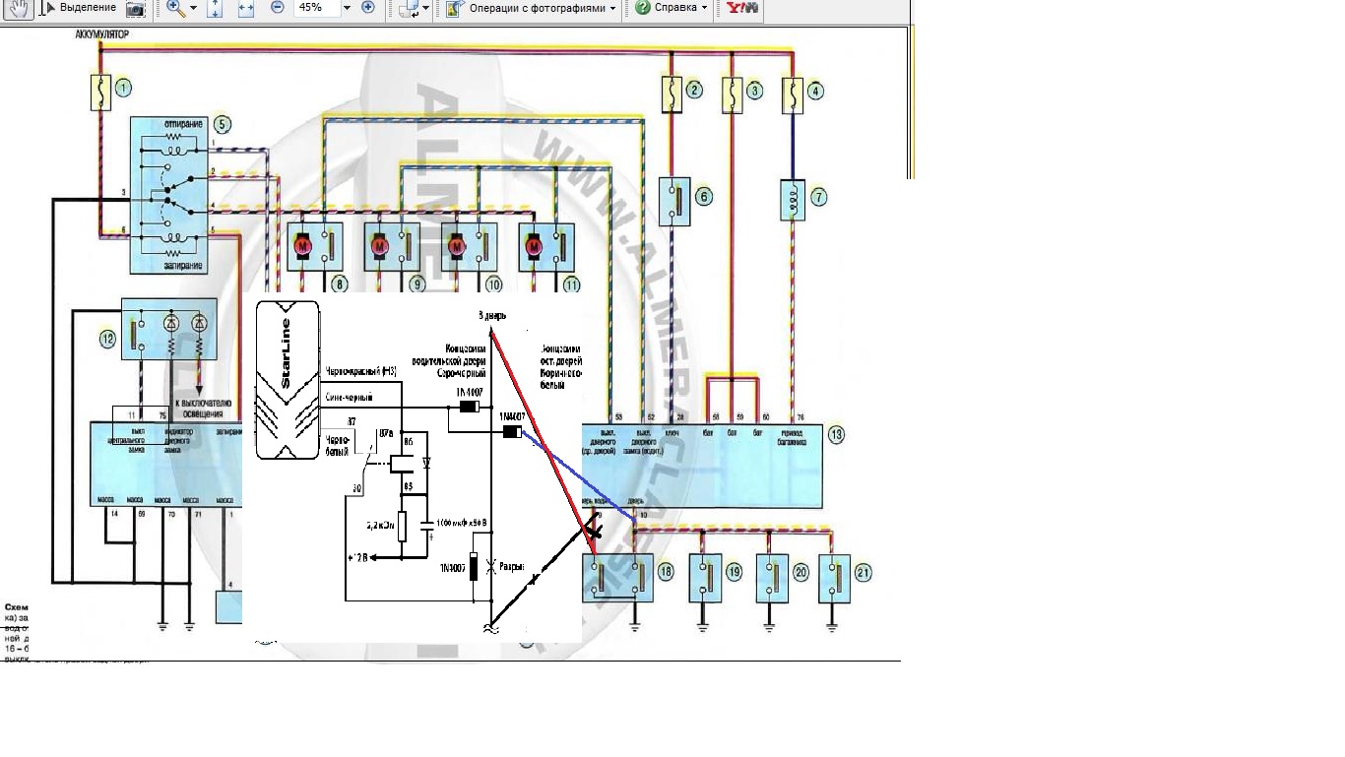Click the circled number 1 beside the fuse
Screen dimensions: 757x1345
123,89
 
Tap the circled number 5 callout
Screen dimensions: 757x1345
222,125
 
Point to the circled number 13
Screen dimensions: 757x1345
836,435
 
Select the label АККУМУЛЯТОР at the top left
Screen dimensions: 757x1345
102,34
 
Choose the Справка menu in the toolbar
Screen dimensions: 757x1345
671,8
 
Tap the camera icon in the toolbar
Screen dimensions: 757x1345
136,9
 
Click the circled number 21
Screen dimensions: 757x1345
864,572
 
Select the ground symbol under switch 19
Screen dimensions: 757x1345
704,623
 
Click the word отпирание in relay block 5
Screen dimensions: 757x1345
178,125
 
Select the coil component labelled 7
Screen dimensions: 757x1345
792,197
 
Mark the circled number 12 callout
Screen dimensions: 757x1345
107,340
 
